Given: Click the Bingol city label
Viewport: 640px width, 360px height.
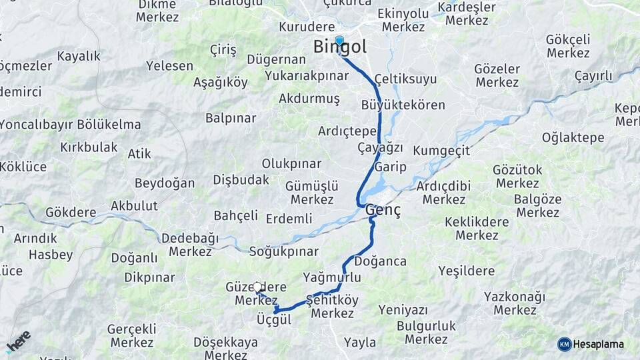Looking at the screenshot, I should [340, 49].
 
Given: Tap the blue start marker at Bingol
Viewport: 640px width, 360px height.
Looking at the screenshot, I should [339, 41].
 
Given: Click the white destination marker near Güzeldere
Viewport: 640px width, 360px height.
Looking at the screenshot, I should [257, 287].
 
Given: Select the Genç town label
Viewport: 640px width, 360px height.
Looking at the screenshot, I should [383, 211].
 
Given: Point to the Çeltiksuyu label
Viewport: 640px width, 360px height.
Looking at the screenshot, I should [405, 79].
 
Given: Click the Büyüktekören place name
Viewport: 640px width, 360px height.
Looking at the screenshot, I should [403, 105].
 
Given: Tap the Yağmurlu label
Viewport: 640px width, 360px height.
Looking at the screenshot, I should [331, 277].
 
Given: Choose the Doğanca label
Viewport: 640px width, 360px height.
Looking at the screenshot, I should [381, 261].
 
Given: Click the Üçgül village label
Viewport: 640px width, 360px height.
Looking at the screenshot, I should [274, 320].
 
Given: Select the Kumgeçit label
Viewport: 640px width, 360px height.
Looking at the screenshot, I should [441, 151].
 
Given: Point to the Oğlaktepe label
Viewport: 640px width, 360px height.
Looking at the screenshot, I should [573, 138].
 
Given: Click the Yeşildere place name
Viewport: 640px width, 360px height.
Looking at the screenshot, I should [467, 271].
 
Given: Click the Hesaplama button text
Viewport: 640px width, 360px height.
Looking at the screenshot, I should [599, 344].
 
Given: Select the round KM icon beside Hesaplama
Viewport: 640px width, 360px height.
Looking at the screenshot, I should [565, 344].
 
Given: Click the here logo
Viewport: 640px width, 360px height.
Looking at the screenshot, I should [18, 341].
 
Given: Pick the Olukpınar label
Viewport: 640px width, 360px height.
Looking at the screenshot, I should [291, 163].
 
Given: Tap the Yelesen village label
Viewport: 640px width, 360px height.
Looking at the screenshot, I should [170, 67].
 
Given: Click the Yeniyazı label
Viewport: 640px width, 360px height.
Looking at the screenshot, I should [403, 309].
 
